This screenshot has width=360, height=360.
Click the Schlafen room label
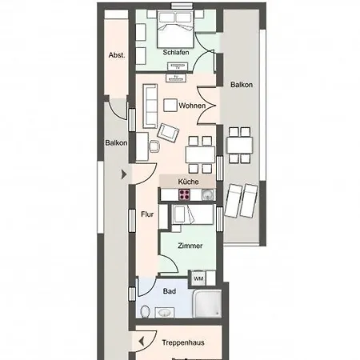click(175, 53)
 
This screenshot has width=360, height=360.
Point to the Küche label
click(188, 182)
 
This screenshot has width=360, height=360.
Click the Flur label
click(147, 214)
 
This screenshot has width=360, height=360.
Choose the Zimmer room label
click(190, 246)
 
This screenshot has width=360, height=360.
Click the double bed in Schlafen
click(175, 32)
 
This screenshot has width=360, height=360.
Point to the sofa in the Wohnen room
click(149, 104)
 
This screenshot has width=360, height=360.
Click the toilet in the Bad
click(145, 311)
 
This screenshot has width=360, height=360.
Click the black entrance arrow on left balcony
click(122, 173)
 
